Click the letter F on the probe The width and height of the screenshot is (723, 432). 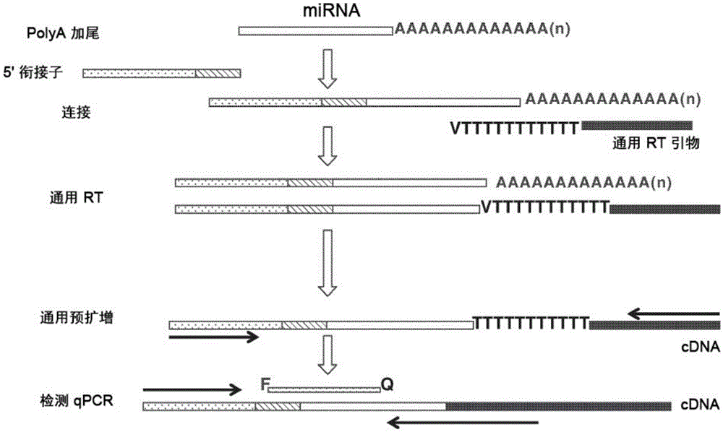click(x=264, y=384)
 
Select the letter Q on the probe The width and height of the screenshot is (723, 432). click(x=387, y=384)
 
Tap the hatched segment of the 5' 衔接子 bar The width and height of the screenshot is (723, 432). click(x=218, y=73)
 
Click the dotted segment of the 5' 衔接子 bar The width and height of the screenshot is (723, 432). click(x=139, y=73)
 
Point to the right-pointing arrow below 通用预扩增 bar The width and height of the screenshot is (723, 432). click(x=213, y=337)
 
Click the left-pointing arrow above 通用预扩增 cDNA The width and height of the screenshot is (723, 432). click(x=674, y=313)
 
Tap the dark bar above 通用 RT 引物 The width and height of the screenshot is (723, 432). click(x=637, y=126)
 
